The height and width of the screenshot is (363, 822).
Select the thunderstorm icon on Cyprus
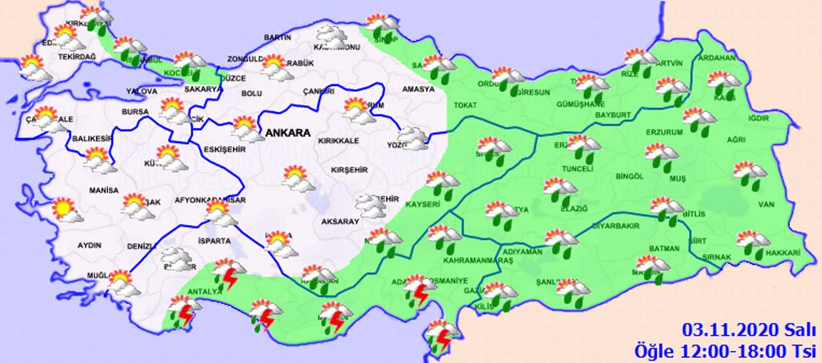[x=442, y=335]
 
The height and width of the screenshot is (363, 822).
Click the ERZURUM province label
[x=664, y=132]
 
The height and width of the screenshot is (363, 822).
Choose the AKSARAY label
[x=340, y=221]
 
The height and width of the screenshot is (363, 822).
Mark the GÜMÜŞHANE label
[x=563, y=104]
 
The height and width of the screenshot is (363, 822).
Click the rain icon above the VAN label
[x=749, y=174]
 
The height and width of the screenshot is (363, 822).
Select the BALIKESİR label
[x=88, y=138]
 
